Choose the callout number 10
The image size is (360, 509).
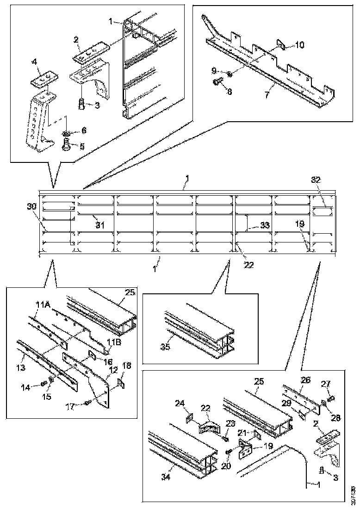(299, 45)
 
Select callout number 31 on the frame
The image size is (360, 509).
(100, 225)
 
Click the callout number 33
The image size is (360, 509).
(264, 225)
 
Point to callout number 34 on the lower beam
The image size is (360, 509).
(165, 476)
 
